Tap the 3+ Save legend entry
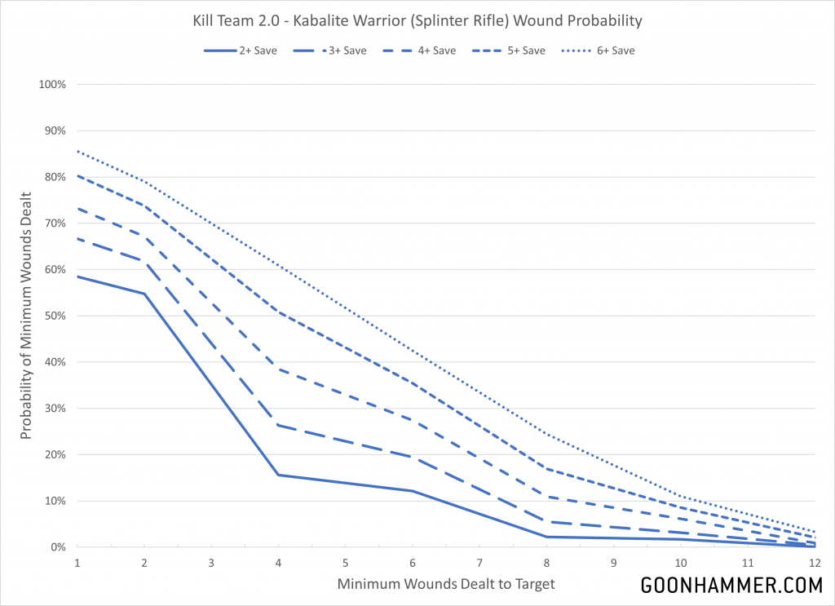[329, 51]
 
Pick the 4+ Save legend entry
[418, 51]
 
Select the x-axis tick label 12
[815, 563]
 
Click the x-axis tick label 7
[479, 563]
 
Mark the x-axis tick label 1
[77, 563]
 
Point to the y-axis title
[26, 316]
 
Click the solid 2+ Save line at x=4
[279, 475]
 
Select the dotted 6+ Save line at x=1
[77, 151]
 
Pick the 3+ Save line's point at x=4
[279, 425]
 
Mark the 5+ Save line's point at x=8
[546, 468]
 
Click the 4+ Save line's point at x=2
[144, 237]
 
